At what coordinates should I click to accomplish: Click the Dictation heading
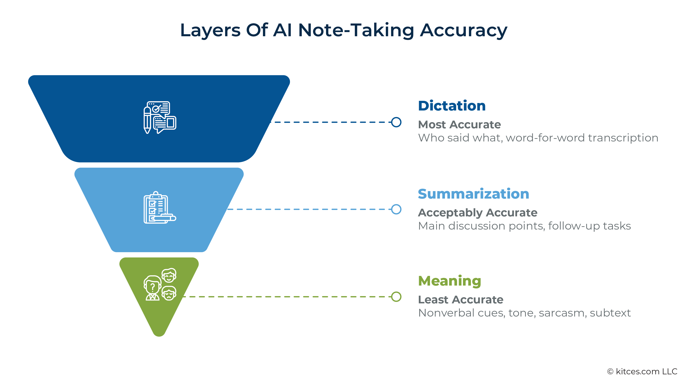[x=452, y=106]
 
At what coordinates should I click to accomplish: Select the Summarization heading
[x=473, y=194]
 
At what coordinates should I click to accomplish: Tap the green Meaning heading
[x=449, y=281]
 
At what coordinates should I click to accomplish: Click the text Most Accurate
[x=459, y=125]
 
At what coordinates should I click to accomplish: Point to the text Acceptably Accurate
[x=477, y=212]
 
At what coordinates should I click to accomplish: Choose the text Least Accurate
[x=461, y=300]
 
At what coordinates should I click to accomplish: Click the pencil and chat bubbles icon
[x=159, y=117]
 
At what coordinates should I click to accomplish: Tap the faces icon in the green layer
[x=160, y=284]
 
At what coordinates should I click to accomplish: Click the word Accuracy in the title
[x=463, y=30]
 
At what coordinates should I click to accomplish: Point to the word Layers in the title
[x=210, y=30]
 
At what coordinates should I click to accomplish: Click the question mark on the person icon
[x=153, y=287]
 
